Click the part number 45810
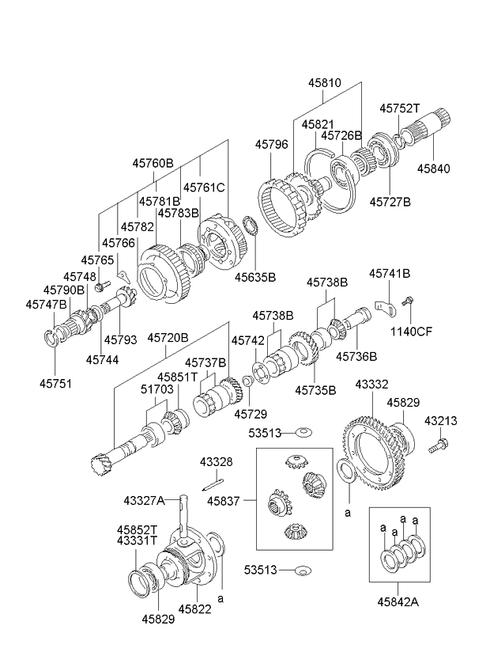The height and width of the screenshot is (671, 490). point(325,82)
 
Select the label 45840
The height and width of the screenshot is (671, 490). point(434,169)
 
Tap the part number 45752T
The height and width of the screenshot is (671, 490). point(400,108)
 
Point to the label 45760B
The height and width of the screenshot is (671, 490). point(153,163)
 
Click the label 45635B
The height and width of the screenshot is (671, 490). point(254,277)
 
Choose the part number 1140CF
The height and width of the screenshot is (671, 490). point(411,332)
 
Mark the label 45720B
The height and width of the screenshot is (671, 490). point(168,338)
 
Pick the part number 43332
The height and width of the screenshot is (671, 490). point(371,385)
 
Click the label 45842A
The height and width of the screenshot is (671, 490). point(398,602)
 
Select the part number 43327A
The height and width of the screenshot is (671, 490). point(144,500)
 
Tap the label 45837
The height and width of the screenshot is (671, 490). point(223,501)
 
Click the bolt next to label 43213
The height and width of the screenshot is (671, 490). point(437,446)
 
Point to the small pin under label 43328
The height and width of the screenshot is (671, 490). point(213,485)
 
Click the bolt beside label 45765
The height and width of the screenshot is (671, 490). point(102,286)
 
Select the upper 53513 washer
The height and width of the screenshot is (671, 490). point(303,432)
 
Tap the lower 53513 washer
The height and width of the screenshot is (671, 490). point(303,571)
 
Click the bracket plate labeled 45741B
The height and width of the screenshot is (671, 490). point(385,308)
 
